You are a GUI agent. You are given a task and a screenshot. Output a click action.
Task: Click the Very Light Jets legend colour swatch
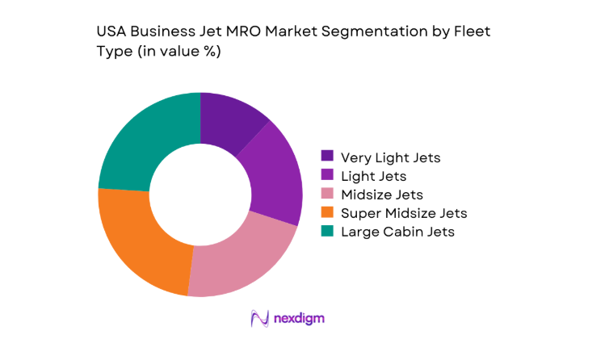click(x=327, y=156)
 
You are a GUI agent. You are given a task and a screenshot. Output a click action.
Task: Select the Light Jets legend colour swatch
click(x=327, y=175)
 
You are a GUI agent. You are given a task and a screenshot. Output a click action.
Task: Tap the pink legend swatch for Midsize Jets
click(x=327, y=194)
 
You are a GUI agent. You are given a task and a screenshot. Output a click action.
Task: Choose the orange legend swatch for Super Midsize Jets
click(x=327, y=213)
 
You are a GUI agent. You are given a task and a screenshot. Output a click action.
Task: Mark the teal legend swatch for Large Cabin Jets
click(x=327, y=232)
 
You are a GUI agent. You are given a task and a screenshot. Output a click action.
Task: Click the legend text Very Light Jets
click(x=391, y=157)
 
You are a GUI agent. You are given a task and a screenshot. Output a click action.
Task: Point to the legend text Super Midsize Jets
click(x=404, y=213)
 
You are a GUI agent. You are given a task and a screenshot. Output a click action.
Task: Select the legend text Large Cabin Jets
click(x=398, y=232)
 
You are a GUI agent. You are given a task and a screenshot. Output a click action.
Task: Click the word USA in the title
click(x=111, y=32)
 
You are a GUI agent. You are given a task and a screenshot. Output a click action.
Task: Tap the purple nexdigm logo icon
click(x=260, y=319)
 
